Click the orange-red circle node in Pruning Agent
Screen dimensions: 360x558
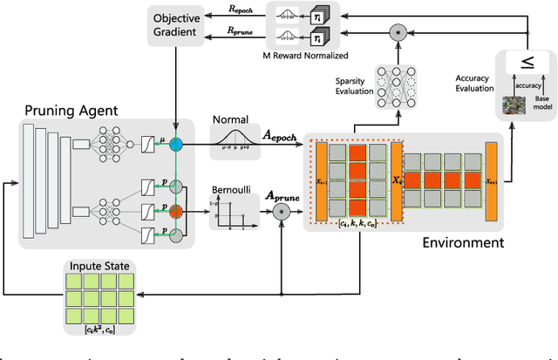pos(175,209)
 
